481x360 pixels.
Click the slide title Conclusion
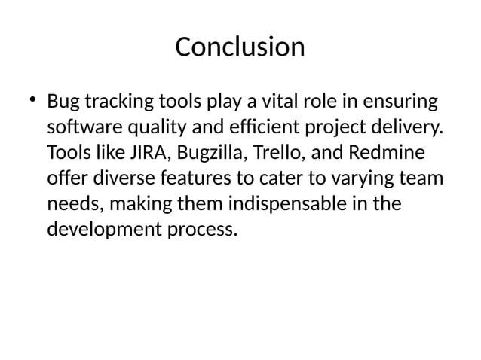[240, 47]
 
